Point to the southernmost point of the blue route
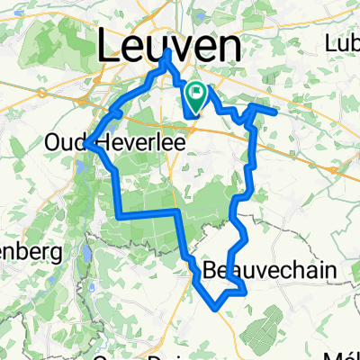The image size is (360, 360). (217, 306)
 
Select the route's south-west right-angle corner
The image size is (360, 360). (118, 215)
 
